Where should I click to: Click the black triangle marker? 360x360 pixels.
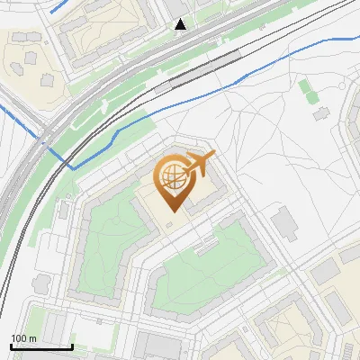(x=181, y=24)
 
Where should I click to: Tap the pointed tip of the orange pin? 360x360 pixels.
(x=171, y=211)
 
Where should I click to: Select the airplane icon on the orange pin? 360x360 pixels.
(x=197, y=166)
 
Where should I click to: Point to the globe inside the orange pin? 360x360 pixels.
(x=171, y=179)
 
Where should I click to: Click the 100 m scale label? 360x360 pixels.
(x=22, y=338)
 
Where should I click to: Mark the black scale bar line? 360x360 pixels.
(x=40, y=346)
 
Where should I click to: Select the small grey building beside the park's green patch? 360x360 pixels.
(x=320, y=114)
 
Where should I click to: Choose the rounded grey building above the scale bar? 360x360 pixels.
(x=41, y=284)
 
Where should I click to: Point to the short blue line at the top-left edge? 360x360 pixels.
(x=58, y=7)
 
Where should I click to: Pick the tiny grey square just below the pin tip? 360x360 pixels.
(x=171, y=224)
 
